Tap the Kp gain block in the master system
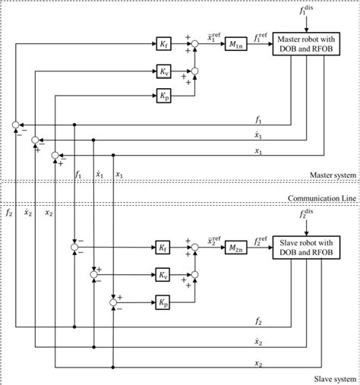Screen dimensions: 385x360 [x=164, y=96]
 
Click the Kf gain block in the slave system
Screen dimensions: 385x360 [x=164, y=248]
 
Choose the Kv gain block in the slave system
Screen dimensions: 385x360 [x=164, y=275]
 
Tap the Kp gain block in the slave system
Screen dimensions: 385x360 [x=164, y=301]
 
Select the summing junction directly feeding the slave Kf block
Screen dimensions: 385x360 [x=74, y=248]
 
